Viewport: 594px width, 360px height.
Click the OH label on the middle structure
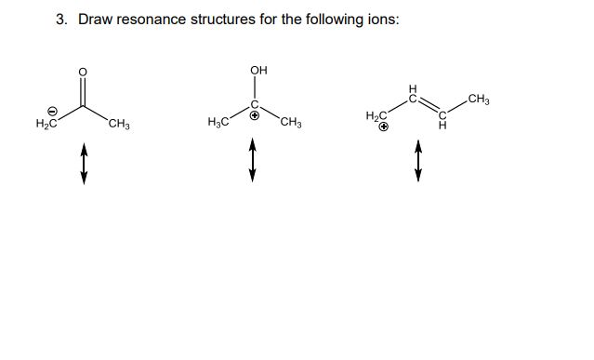click(257, 70)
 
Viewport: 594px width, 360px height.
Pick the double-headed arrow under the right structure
click(418, 163)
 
